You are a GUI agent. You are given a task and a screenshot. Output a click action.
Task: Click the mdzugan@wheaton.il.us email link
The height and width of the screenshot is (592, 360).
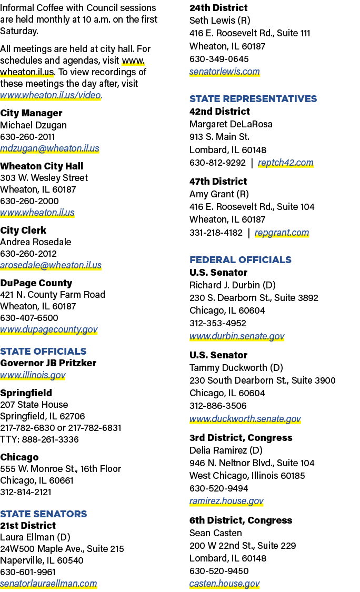(49, 148)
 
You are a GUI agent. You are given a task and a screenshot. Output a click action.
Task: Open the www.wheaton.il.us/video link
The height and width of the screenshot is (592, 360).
(51, 95)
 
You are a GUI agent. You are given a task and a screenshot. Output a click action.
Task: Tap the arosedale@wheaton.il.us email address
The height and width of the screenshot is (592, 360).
(51, 265)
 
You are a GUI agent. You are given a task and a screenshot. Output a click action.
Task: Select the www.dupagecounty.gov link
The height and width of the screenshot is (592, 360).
(49, 329)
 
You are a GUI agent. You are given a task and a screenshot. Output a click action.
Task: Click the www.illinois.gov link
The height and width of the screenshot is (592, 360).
(33, 375)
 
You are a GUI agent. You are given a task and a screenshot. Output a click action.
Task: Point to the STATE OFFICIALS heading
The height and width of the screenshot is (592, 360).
(44, 351)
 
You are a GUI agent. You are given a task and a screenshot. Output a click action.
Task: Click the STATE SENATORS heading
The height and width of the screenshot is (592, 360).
(44, 514)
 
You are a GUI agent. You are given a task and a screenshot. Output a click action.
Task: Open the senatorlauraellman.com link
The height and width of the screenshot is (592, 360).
(48, 583)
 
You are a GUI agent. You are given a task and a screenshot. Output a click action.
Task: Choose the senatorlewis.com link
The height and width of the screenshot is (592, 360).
(224, 72)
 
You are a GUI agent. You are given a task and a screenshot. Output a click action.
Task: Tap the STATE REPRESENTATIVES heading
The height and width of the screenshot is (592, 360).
(253, 98)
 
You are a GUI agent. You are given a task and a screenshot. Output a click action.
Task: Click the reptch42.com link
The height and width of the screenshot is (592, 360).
(286, 163)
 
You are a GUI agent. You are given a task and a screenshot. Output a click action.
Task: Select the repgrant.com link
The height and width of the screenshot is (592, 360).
(282, 233)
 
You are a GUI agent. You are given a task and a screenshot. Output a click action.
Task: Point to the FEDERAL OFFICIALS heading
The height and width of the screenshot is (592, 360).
(240, 260)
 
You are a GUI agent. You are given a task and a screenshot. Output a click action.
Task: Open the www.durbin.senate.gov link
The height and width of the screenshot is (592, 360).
(237, 336)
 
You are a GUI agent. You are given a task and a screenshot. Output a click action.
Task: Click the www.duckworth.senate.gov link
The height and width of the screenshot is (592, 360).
(245, 419)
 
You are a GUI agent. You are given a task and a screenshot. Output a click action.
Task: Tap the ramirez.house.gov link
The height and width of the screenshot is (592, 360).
(226, 501)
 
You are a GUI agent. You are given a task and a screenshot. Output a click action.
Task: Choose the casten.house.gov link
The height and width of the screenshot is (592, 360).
(224, 584)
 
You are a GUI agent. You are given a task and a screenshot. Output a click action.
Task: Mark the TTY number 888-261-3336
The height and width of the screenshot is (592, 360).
(50, 439)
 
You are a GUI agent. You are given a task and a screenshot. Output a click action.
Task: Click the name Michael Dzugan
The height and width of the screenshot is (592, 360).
(33, 125)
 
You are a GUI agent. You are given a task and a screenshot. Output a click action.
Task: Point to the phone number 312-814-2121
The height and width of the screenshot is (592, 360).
(26, 492)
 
